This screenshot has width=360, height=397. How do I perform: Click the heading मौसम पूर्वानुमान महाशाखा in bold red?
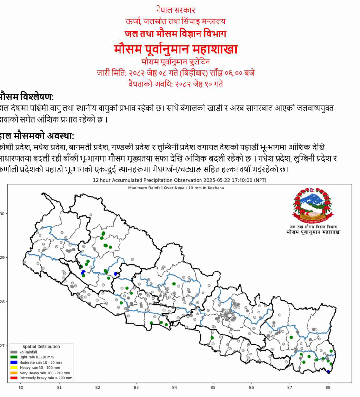tap(176, 49)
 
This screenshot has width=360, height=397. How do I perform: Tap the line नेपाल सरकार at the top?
tap(176, 10)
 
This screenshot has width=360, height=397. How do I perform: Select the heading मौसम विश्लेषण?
tap(27, 96)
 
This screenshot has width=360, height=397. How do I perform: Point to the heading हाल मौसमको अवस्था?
tap(37, 135)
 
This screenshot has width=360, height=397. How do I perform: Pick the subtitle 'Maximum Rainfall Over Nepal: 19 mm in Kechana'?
tap(176, 188)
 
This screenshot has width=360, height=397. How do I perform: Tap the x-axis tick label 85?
tap(213, 387)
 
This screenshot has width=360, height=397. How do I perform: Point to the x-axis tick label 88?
tap(328, 387)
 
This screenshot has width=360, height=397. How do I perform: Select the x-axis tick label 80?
tap(21, 387)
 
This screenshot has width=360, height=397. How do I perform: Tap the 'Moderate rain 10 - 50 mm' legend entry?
tap(40, 362)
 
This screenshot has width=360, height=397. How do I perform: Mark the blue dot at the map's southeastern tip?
tap(328, 372)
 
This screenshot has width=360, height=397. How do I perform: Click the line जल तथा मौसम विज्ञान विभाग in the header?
tap(176, 33)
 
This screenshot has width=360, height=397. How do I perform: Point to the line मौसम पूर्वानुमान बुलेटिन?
tap(176, 61)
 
